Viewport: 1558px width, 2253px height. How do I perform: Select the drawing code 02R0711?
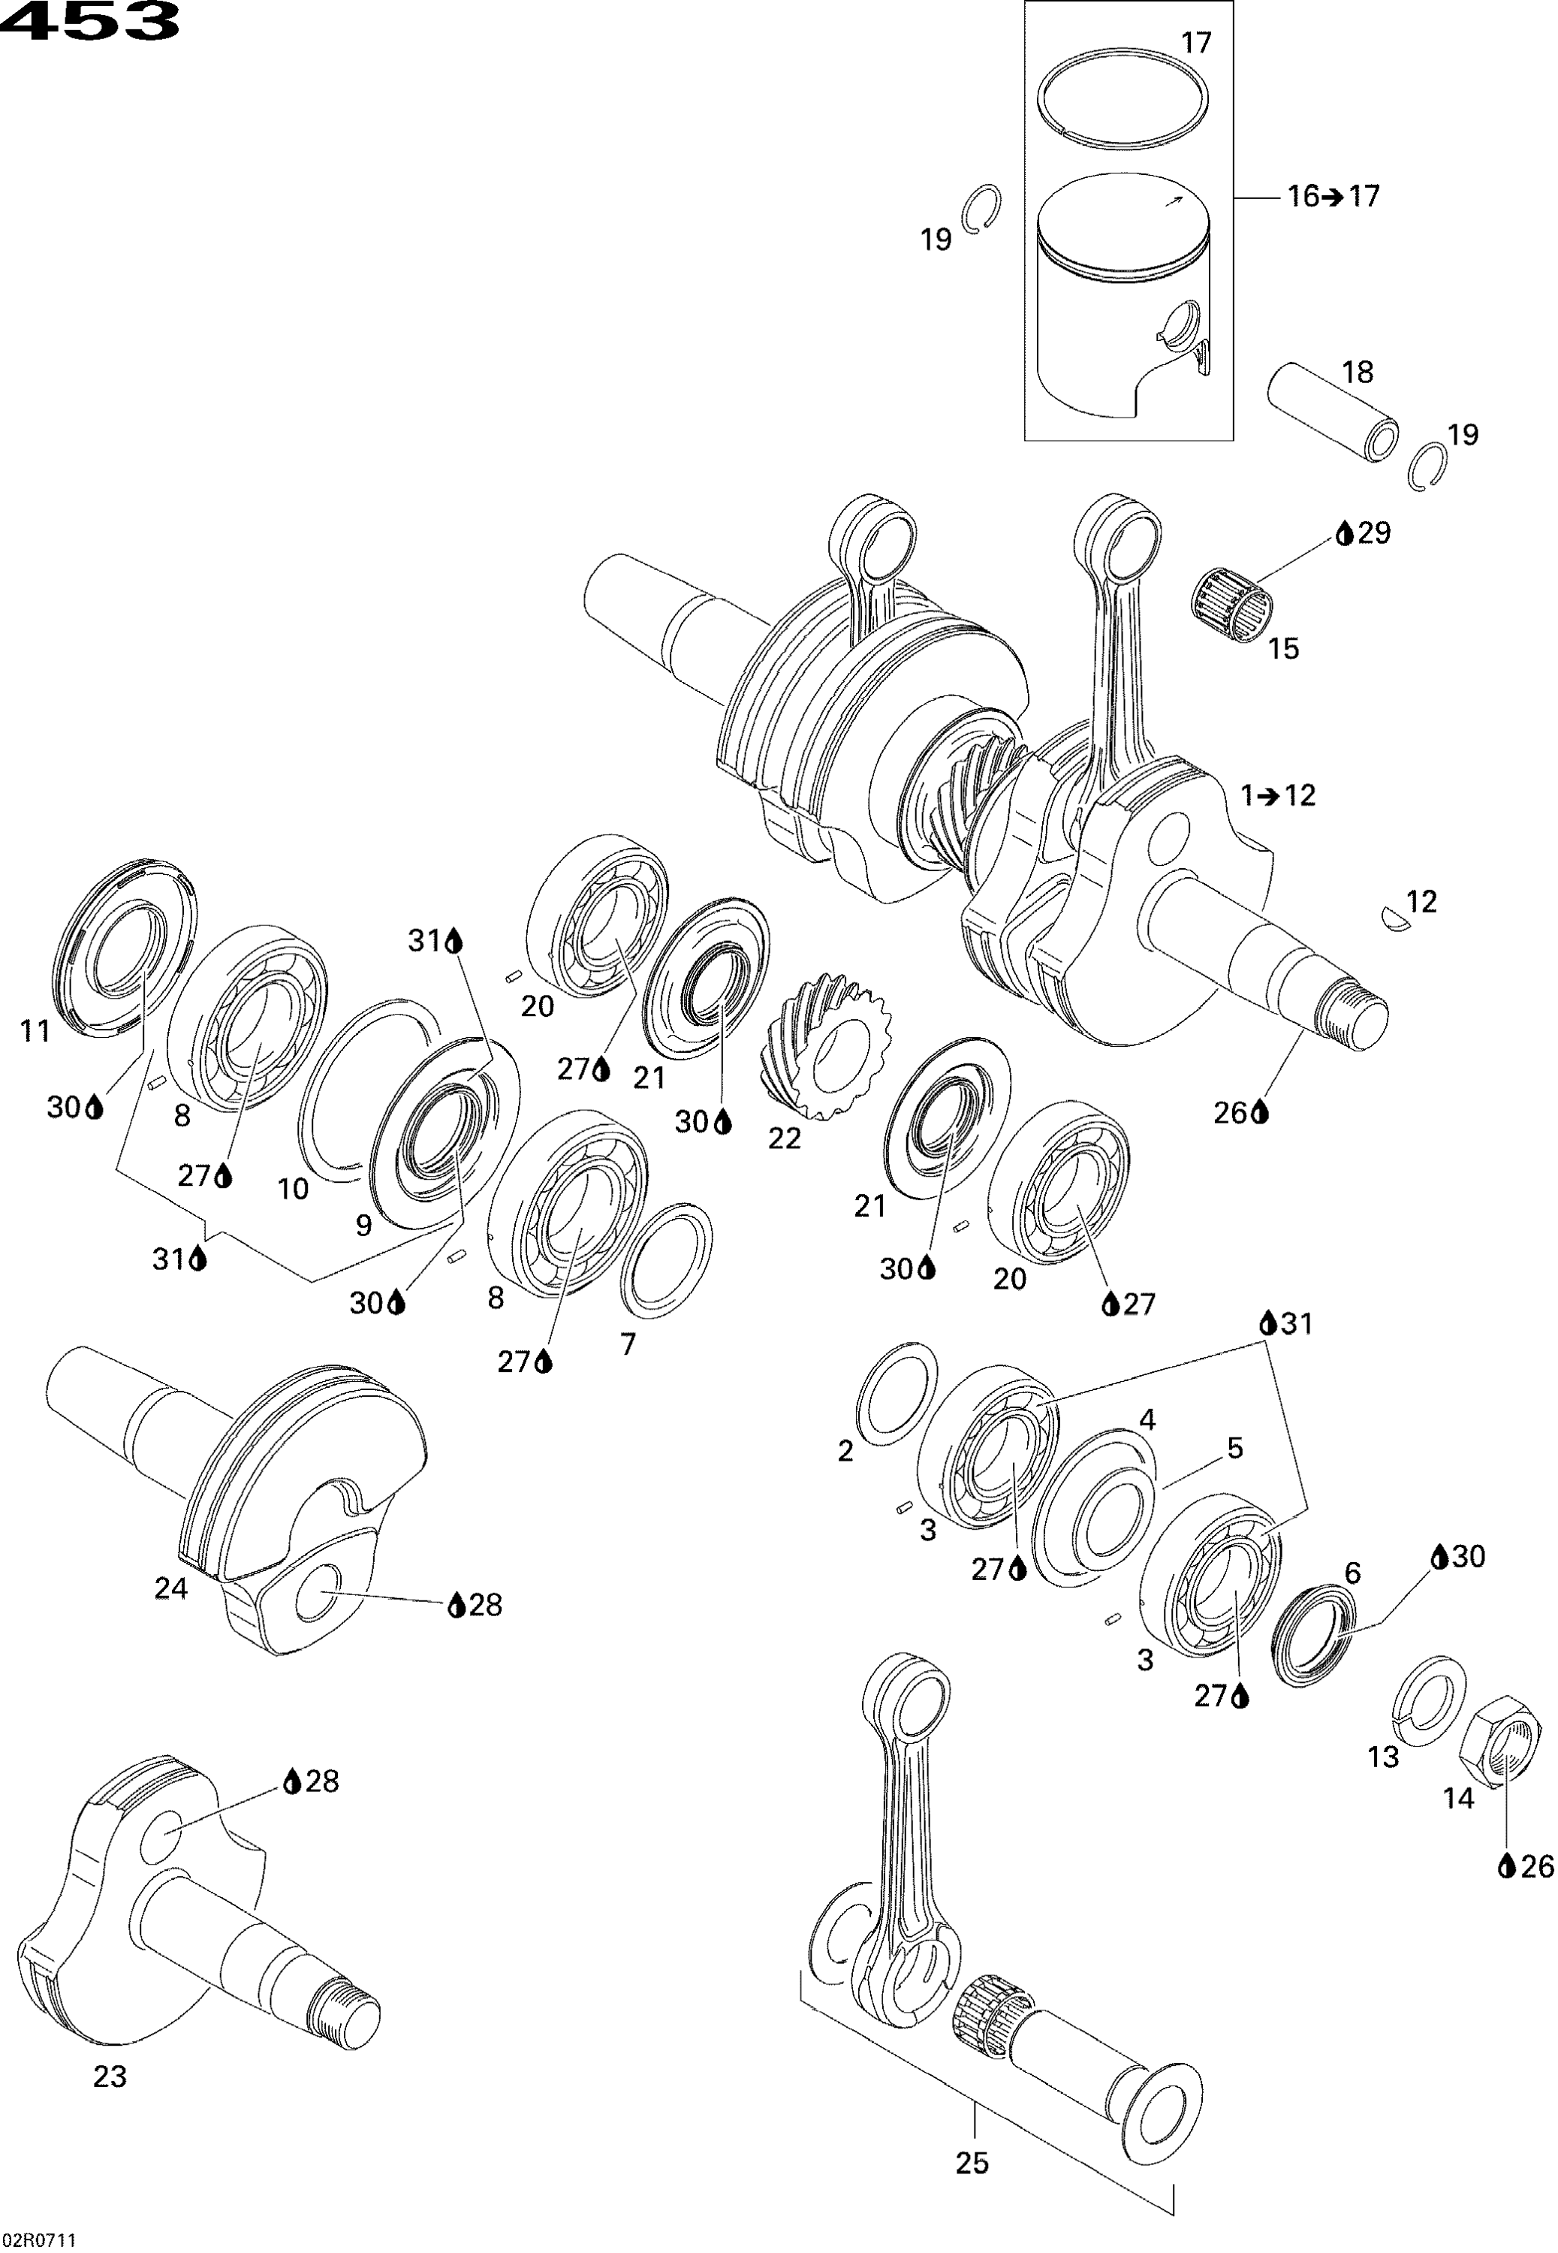[41, 2239]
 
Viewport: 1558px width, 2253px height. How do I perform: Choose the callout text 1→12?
[1279, 795]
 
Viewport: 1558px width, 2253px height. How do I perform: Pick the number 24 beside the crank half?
[171, 1589]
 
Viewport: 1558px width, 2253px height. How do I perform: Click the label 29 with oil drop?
[1364, 533]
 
